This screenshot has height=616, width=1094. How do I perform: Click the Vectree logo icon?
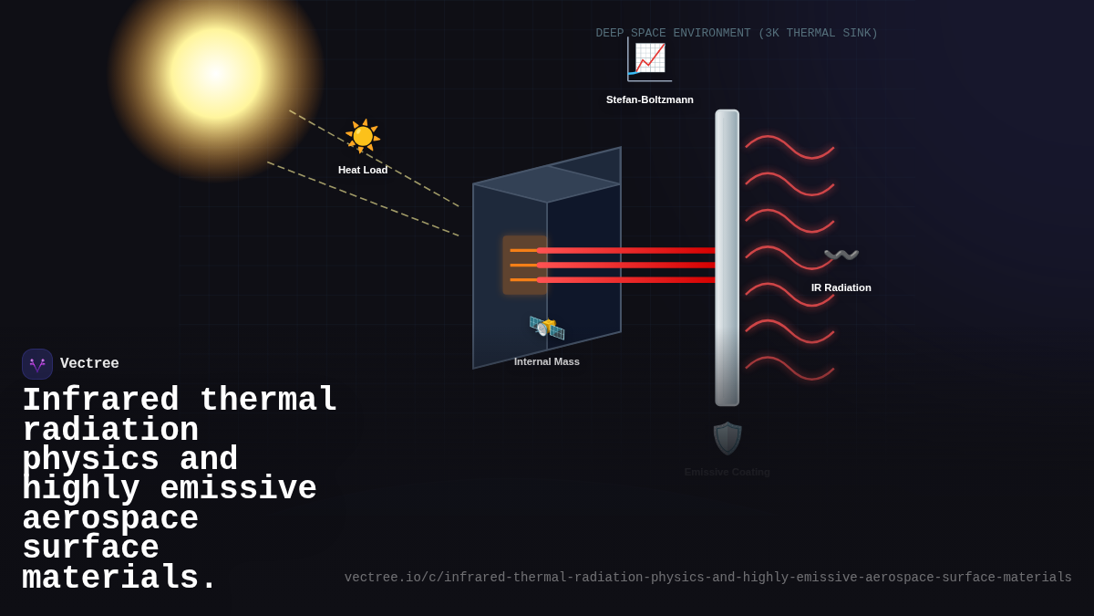tap(37, 364)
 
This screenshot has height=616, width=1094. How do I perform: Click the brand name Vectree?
tap(89, 364)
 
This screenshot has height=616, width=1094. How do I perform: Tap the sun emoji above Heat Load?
tap(363, 136)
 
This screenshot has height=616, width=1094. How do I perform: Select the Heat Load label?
tap(363, 170)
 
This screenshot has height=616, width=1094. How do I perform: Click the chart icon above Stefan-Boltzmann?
tap(650, 58)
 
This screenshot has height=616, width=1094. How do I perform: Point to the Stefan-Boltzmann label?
tap(650, 99)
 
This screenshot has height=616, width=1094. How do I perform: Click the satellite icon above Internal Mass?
tap(547, 327)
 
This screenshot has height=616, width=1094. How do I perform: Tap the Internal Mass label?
tap(547, 361)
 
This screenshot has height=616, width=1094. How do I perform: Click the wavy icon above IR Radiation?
tap(841, 255)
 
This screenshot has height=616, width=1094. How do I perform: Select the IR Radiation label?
tap(841, 287)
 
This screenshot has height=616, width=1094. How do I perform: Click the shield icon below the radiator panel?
tap(728, 438)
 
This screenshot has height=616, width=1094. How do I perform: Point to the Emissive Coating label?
tap(728, 472)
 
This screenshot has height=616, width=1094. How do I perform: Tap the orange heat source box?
tap(523, 265)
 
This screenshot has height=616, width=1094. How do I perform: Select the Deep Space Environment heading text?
tap(737, 34)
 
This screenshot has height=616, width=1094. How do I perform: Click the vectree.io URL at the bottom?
tap(707, 578)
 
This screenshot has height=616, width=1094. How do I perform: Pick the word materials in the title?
tap(119, 579)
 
